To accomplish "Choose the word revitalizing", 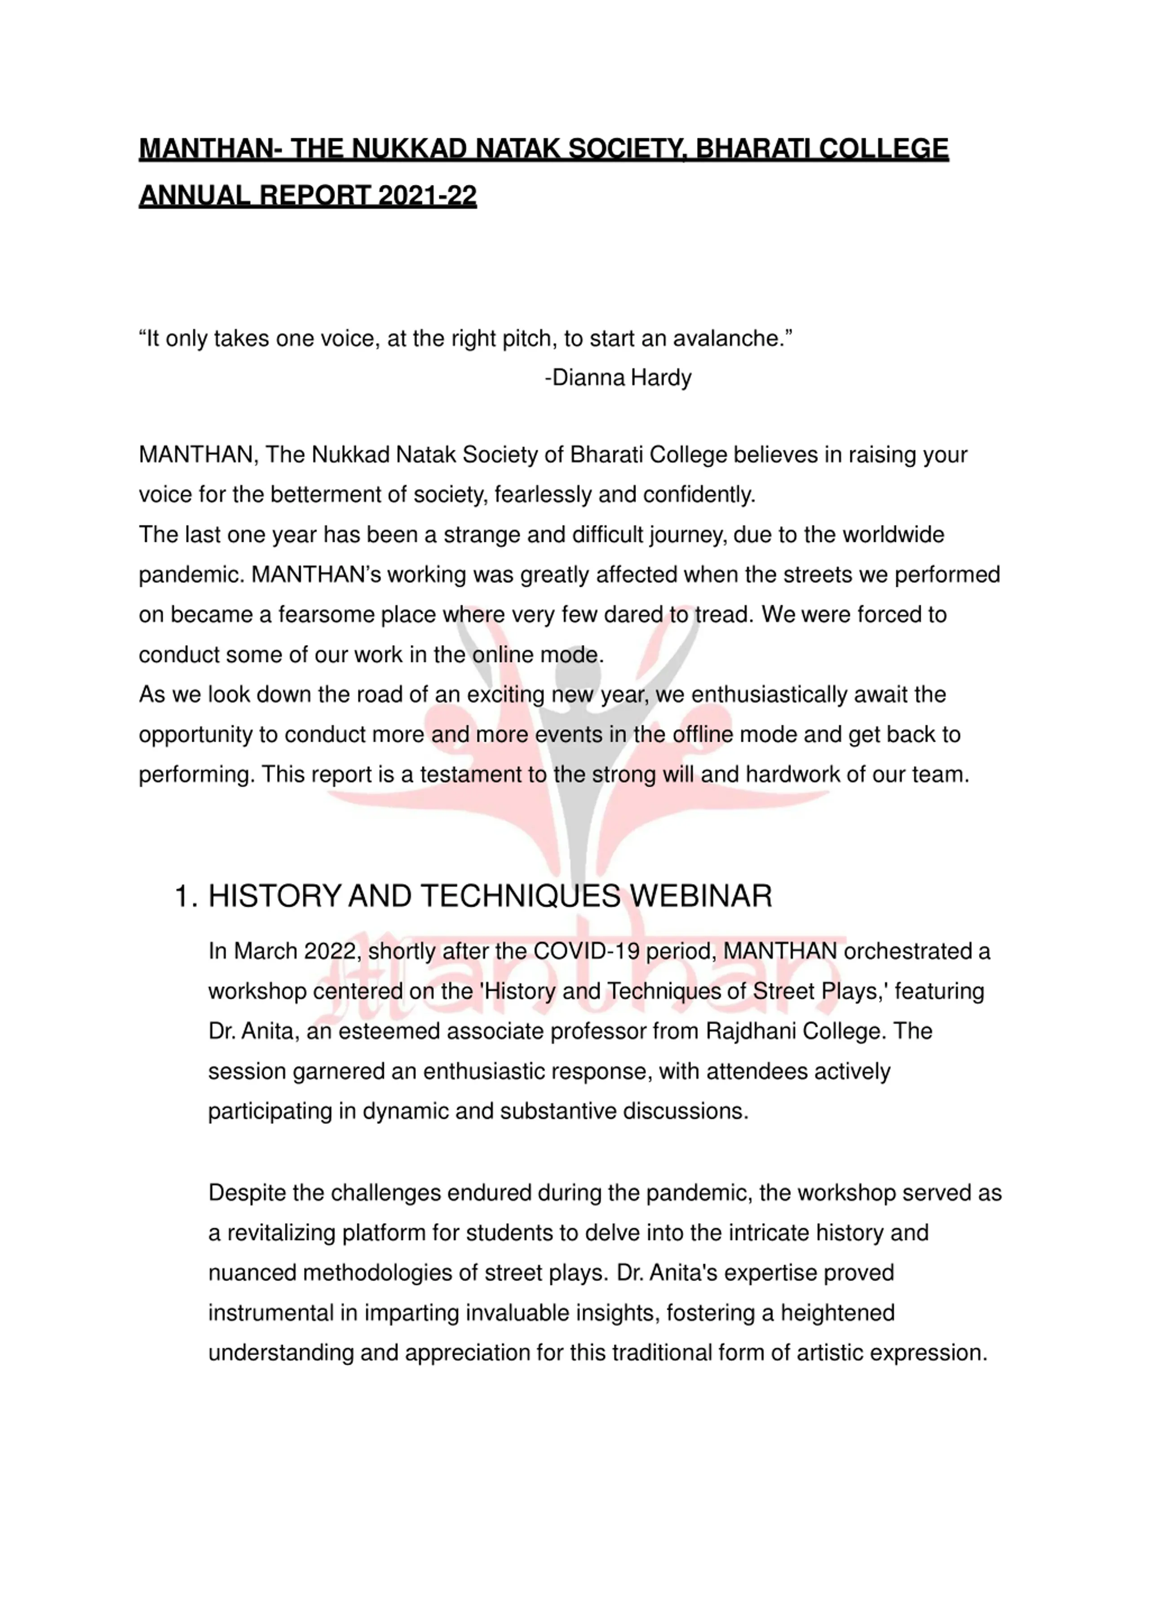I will [281, 1232].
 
